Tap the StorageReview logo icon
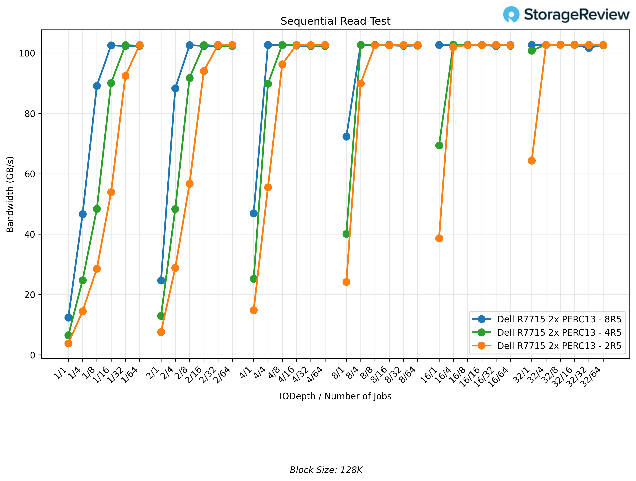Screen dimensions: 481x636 [x=511, y=14]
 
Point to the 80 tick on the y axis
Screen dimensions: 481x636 [x=30, y=114]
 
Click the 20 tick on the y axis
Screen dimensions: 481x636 [x=30, y=295]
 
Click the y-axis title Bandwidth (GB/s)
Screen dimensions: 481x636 [x=10, y=194]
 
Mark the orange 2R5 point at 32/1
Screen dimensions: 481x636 [x=532, y=161]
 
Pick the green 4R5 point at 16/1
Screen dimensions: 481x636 [x=439, y=145]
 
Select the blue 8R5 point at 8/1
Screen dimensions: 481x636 [x=347, y=137]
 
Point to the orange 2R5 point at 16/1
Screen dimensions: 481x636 [x=439, y=238]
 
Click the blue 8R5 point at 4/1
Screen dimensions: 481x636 [x=254, y=213]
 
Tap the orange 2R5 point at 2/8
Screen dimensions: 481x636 [x=190, y=184]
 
